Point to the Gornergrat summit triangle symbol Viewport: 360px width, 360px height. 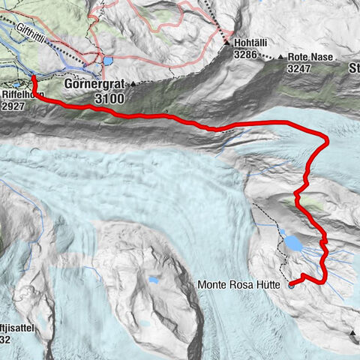133,84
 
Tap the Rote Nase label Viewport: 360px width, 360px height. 309,57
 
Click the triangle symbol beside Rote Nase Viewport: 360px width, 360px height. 280,57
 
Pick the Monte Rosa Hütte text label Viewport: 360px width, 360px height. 240,284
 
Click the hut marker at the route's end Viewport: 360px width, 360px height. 291,284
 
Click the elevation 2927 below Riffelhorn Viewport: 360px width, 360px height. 13,106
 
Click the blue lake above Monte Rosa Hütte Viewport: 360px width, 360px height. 293,244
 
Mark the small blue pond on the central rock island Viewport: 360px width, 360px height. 153,280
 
